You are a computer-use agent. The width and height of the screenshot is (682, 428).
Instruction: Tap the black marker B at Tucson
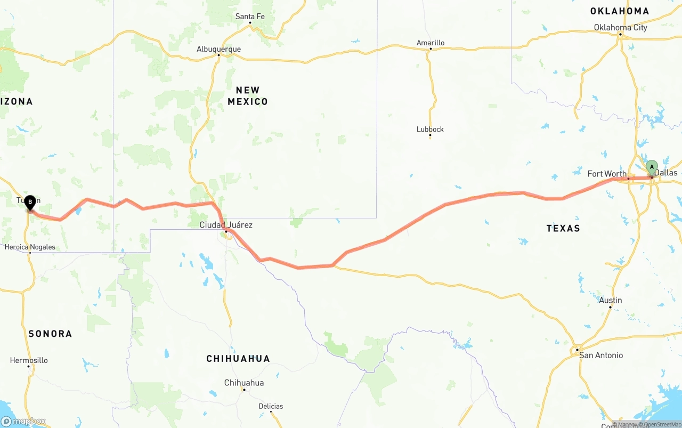click(30, 202)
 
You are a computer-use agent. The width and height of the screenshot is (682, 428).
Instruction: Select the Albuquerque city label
click(218, 49)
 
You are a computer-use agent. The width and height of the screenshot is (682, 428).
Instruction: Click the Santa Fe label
click(250, 17)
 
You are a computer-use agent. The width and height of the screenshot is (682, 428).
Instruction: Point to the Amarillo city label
click(431, 43)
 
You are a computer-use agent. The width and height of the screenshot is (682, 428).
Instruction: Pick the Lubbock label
click(430, 129)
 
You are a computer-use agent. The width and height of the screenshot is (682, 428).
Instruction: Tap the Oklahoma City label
click(620, 28)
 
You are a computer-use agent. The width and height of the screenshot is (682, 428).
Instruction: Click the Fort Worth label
click(607, 174)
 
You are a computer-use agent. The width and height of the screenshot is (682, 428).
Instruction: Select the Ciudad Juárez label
click(226, 225)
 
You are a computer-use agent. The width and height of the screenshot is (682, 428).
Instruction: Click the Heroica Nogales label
click(30, 247)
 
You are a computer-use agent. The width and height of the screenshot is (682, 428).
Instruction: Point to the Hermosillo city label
click(29, 360)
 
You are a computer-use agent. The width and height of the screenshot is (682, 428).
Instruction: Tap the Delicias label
click(271, 406)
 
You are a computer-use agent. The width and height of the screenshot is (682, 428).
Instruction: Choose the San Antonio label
click(601, 355)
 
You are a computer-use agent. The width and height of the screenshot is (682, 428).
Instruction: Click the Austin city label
click(610, 300)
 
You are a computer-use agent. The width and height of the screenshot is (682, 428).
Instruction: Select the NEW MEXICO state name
click(248, 96)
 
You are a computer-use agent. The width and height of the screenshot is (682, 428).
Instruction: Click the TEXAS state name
click(563, 228)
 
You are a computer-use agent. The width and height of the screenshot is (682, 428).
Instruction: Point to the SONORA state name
click(50, 334)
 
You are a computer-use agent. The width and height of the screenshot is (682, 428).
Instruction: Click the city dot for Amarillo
click(431, 50)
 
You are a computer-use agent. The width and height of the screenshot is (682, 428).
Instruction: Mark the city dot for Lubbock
click(430, 136)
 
